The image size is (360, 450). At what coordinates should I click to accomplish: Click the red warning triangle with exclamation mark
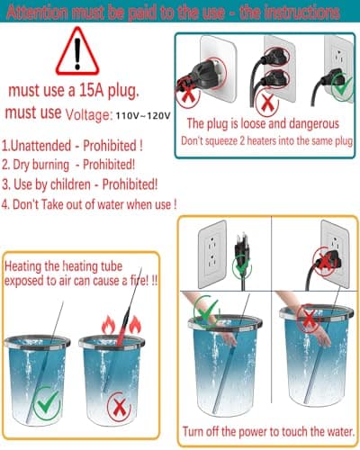coord(77,51)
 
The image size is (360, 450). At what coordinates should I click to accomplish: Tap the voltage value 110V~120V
coord(143,115)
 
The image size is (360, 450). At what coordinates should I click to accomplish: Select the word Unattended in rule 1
coord(40,146)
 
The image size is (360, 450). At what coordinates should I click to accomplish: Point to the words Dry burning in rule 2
coord(41,165)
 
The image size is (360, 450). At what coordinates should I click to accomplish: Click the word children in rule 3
coord(70,184)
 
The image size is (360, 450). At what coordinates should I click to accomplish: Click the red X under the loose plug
coord(188,95)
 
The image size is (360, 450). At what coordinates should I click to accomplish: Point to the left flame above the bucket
coord(108,326)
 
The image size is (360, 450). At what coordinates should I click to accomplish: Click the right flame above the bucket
coord(135,325)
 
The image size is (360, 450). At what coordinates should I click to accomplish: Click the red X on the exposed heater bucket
coord(120,408)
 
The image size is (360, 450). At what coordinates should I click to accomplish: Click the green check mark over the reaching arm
coord(206,310)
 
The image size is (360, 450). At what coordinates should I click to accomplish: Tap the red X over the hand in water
coord(310,318)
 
